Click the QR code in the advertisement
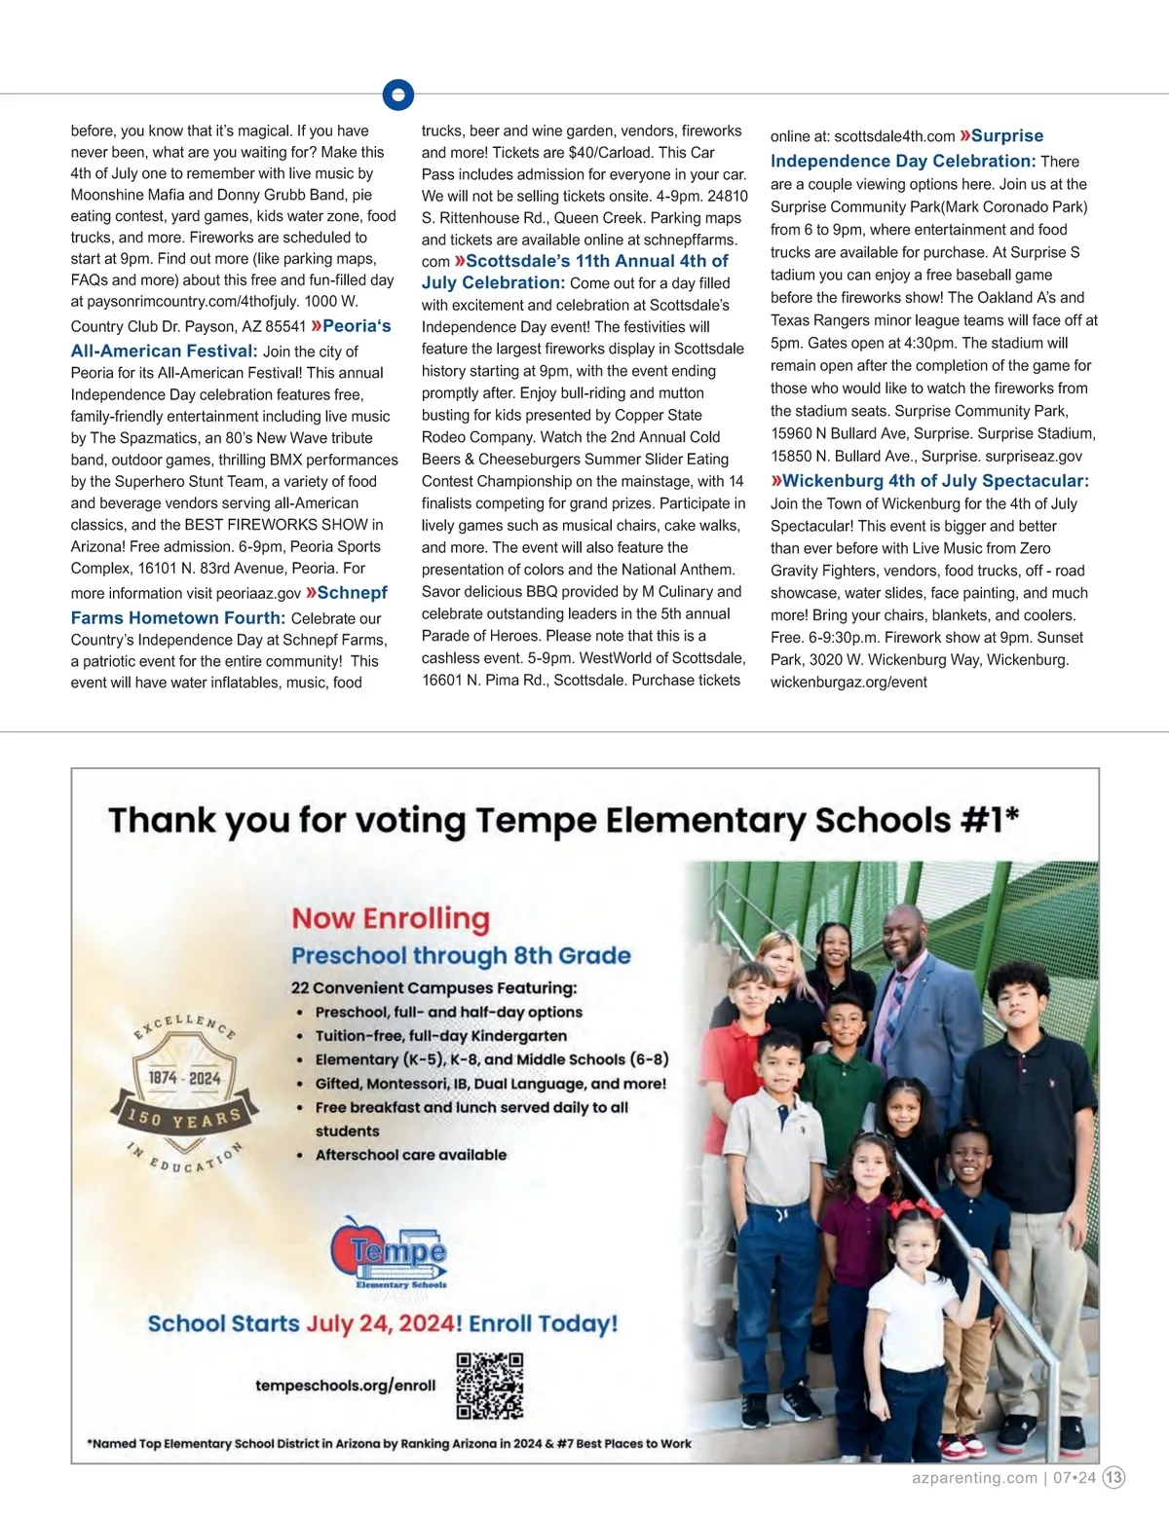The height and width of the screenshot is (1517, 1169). (490, 1386)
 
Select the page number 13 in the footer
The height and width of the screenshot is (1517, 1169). (1114, 1477)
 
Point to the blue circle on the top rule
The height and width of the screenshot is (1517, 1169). (398, 94)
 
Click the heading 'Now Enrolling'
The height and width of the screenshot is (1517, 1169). (391, 918)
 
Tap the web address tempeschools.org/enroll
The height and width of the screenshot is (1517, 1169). (346, 1385)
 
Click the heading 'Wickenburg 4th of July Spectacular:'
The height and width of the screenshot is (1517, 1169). (930, 481)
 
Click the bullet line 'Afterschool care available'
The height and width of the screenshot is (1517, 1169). (410, 1155)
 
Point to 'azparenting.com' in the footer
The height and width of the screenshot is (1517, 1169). (975, 1477)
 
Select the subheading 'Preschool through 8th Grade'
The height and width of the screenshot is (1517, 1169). (461, 955)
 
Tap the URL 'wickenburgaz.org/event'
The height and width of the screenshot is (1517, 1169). (848, 682)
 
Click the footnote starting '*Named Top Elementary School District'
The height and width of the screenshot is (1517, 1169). (390, 1443)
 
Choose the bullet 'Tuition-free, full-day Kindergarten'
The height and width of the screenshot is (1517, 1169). (440, 1036)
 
